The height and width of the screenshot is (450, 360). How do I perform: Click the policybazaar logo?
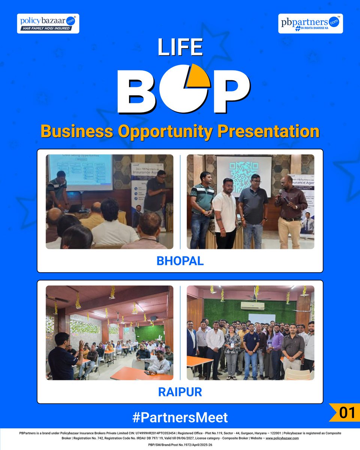48,23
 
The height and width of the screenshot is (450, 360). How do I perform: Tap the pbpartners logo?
310,23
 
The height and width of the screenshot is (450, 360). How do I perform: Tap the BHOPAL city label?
180,261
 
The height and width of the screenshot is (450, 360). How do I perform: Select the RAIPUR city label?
180,392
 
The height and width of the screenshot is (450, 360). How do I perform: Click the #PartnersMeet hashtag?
180,417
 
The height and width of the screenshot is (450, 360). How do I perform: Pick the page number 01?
347,412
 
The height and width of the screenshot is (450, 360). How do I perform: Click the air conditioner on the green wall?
252,306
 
